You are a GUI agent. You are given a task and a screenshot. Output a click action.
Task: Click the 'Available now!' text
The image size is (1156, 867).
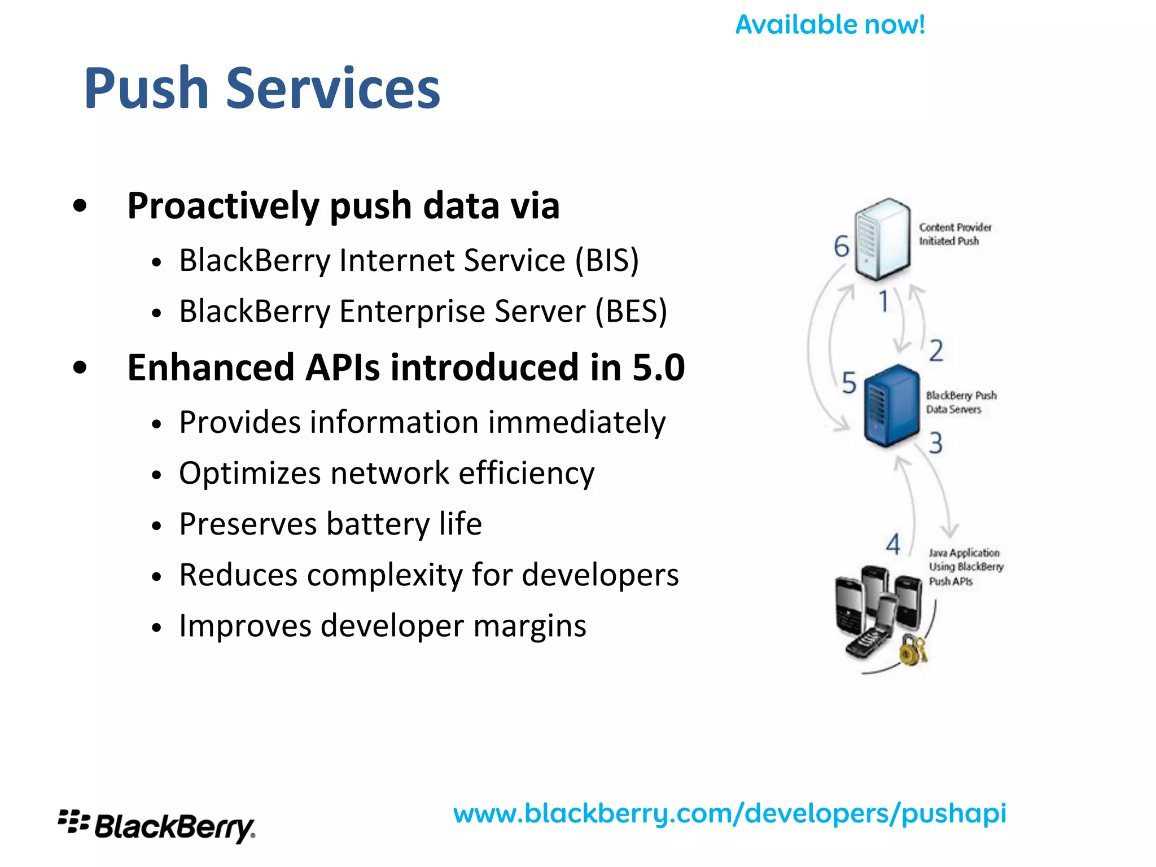pos(830,25)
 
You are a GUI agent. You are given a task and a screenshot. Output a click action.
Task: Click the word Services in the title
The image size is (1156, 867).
pos(333,89)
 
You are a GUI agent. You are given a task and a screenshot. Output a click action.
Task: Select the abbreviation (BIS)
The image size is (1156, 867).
pos(607,261)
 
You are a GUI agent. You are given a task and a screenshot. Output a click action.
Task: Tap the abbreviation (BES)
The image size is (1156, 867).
pos(631,312)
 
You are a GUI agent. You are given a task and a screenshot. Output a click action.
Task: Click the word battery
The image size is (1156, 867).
pos(378,524)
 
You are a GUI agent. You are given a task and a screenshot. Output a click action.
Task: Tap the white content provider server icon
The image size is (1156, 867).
pos(882,239)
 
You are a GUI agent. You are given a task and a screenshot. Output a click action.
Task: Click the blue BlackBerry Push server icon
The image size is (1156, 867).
pos(891,405)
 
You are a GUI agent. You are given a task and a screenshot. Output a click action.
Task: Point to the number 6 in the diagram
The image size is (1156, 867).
pos(841,247)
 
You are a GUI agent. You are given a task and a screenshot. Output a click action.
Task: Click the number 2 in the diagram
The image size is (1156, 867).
pos(936,351)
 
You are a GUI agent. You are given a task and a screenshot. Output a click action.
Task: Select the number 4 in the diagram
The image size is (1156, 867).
pos(893,545)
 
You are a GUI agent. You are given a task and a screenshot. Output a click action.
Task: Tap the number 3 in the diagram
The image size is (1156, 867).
pos(936,443)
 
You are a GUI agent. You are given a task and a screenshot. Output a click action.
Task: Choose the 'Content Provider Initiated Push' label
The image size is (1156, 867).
pos(954,234)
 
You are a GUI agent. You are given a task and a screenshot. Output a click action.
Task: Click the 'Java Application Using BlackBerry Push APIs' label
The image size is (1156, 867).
pos(966,567)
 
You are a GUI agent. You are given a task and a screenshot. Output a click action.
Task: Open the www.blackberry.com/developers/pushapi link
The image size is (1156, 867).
pos(729,814)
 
